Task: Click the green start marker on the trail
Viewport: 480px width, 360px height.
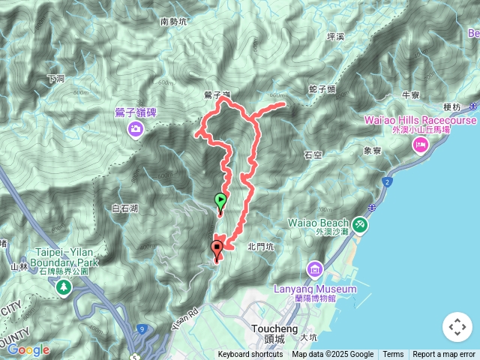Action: (x=220, y=201)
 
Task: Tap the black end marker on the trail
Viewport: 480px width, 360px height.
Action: (x=217, y=247)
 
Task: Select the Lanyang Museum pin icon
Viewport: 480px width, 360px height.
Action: (x=314, y=268)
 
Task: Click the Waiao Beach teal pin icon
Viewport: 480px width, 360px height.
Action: (x=361, y=223)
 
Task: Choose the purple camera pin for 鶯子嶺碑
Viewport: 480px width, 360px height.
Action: (x=136, y=130)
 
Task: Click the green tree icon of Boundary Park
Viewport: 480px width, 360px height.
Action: (x=64, y=287)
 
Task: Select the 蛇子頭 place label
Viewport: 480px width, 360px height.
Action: (x=322, y=89)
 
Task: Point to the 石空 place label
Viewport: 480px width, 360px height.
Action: (x=313, y=155)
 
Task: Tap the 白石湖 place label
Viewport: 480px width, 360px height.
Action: (x=124, y=208)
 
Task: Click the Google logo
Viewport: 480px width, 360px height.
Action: (x=28, y=349)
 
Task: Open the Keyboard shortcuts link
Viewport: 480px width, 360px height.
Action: (x=250, y=355)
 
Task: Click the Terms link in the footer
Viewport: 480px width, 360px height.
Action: (x=393, y=355)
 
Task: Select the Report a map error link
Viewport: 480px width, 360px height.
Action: (x=444, y=355)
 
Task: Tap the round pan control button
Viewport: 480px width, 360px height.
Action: (x=457, y=327)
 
